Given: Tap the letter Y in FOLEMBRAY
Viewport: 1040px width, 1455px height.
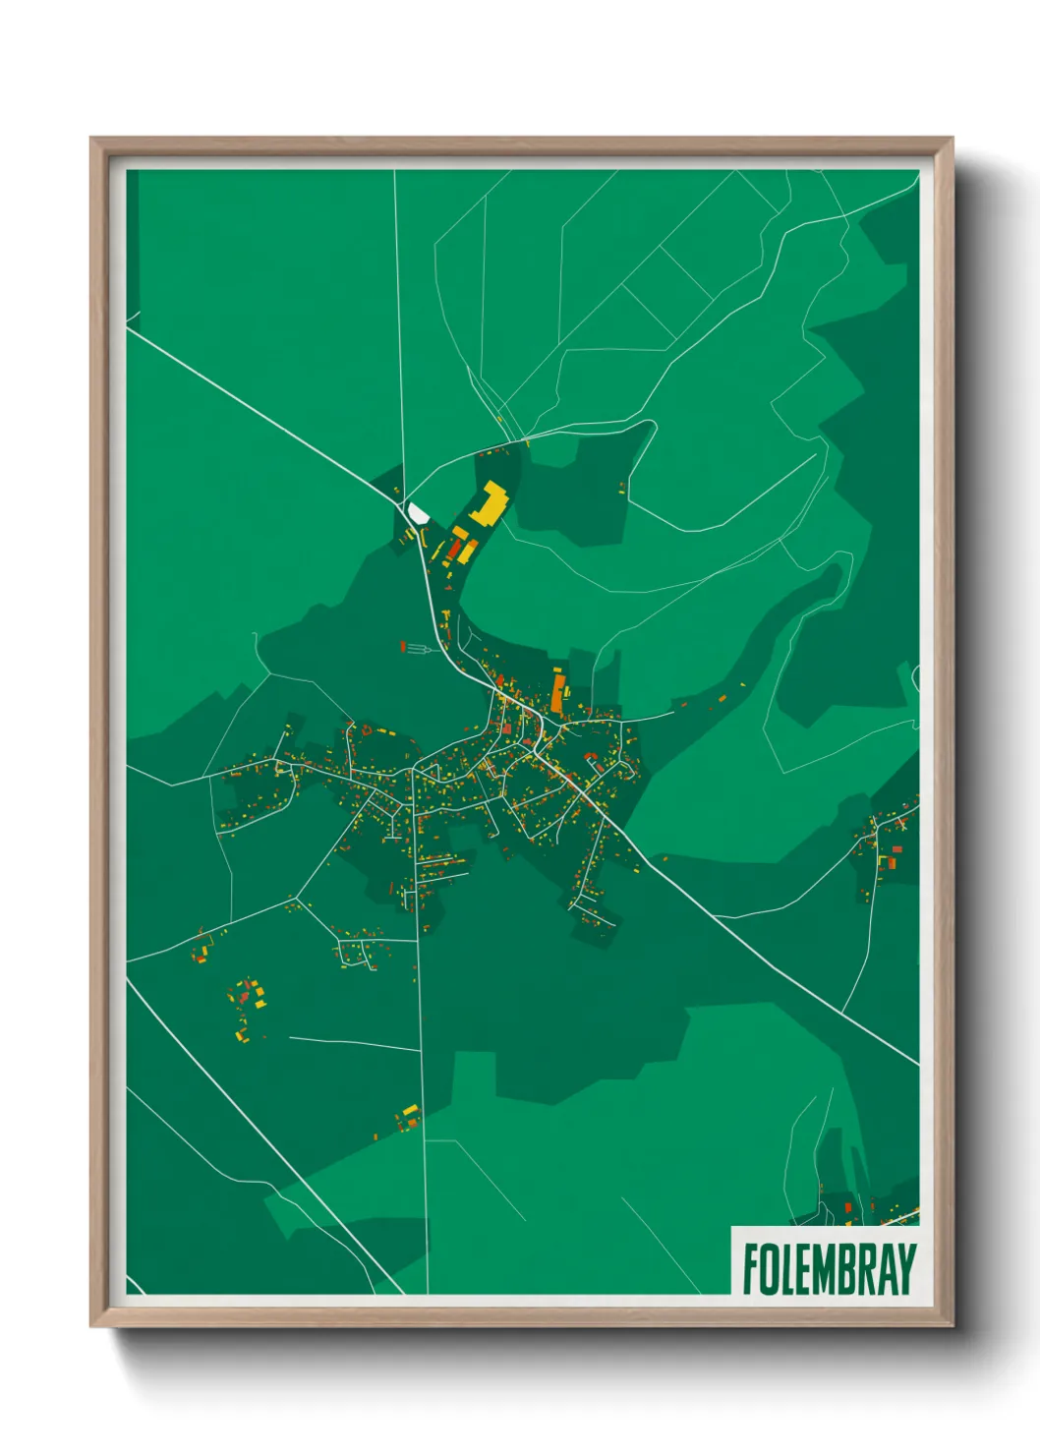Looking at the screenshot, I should coord(905,1269).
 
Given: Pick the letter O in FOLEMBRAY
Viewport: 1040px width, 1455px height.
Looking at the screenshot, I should coord(770,1269).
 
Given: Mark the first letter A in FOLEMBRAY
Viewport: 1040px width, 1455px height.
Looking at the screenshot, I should coord(886,1269).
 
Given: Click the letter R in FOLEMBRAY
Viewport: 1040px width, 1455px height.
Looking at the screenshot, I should coord(865,1269).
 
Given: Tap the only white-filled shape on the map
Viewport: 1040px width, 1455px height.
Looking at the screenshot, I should coord(418,513).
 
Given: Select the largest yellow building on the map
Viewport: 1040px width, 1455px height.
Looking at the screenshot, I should coord(488,504).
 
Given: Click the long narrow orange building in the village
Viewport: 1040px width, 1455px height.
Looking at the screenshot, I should coord(557,692).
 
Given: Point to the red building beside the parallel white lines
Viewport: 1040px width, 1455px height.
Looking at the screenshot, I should coord(403,646).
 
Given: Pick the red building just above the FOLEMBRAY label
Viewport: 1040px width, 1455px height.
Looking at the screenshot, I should coord(847,1207).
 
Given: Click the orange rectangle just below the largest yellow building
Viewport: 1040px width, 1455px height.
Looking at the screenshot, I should coord(459,533).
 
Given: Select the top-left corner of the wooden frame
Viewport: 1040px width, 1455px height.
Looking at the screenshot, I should coord(92,140).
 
